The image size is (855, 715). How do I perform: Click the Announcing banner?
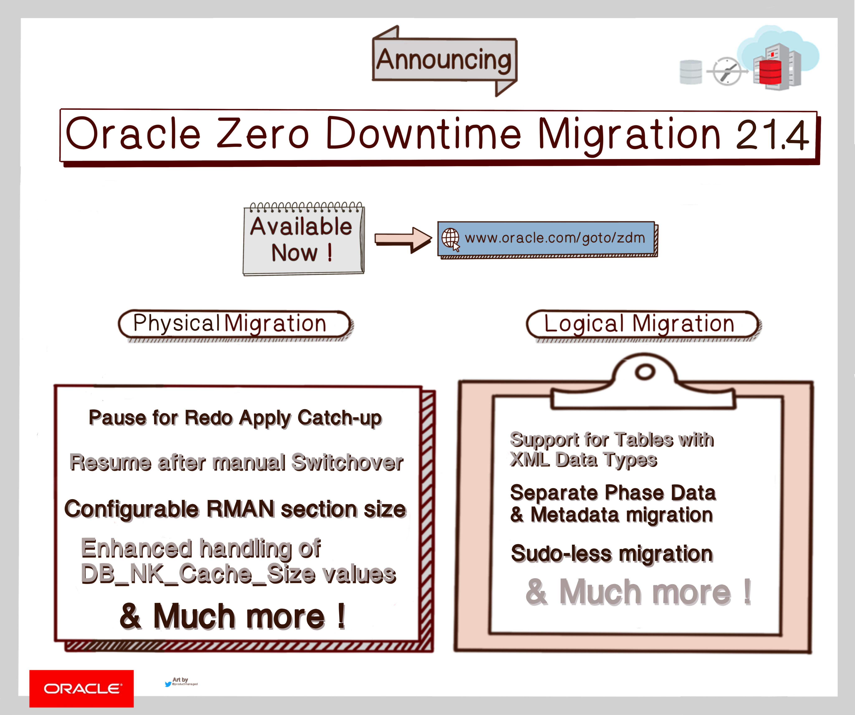(444, 60)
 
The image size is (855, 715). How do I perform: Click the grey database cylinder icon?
(691, 72)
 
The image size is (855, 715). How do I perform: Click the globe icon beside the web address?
(450, 238)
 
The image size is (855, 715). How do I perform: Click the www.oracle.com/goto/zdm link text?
(555, 238)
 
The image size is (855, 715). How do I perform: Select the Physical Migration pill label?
(234, 324)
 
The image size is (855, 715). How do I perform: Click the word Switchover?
(347, 463)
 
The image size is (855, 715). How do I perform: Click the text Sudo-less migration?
(612, 554)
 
